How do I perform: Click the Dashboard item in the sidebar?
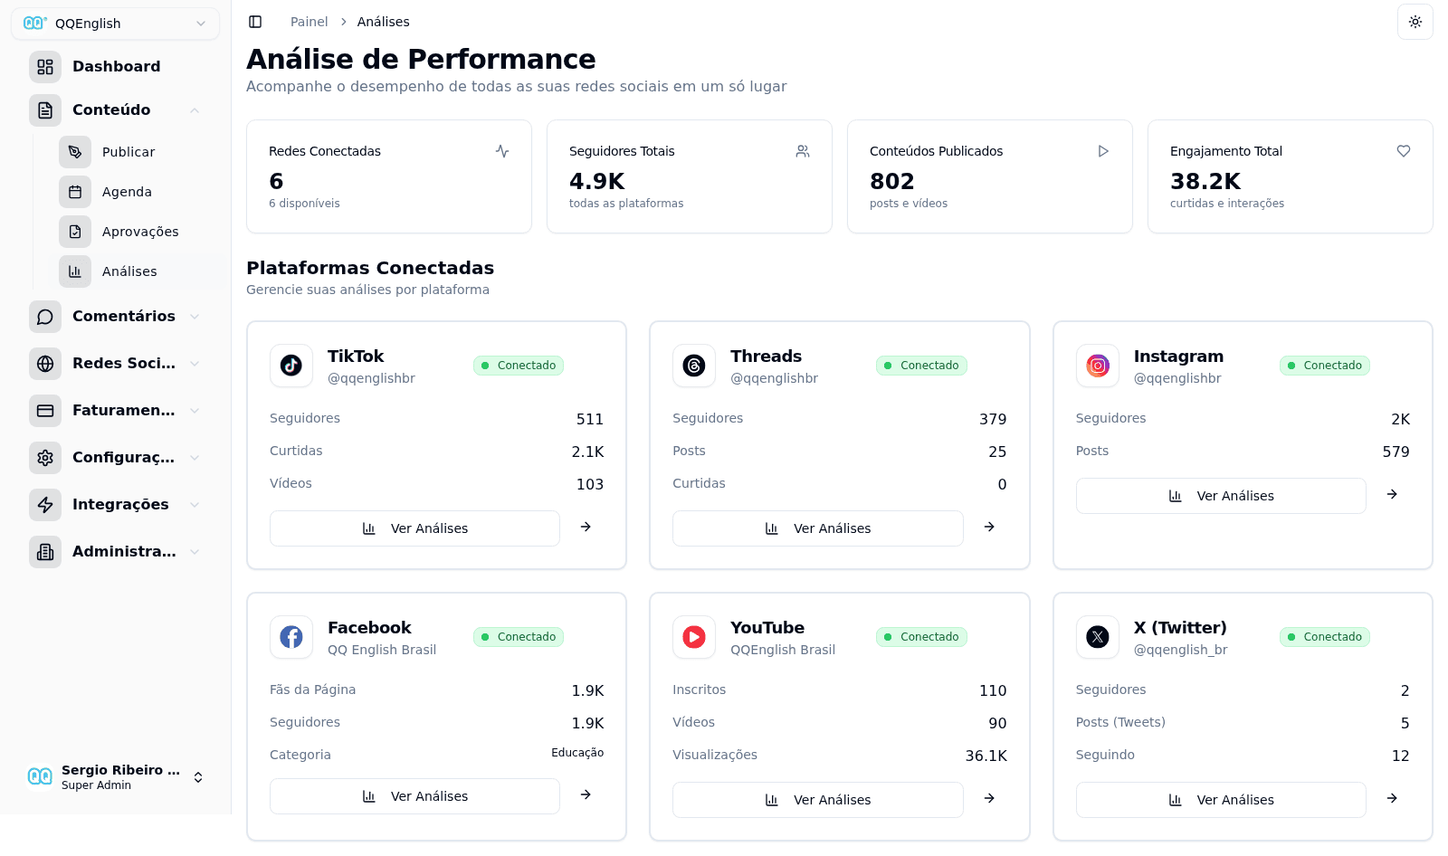pyautogui.click(x=116, y=67)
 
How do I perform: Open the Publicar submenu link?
pyautogui.click(x=128, y=152)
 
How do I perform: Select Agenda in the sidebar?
pyautogui.click(x=127, y=192)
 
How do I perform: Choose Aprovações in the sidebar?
pyautogui.click(x=139, y=232)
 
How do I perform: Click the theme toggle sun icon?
pyautogui.click(x=1415, y=22)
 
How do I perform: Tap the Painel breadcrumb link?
pyautogui.click(x=309, y=22)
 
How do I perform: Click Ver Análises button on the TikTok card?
pyautogui.click(x=414, y=528)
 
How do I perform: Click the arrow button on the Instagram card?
pyautogui.click(x=1392, y=495)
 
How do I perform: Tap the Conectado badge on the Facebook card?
pyautogui.click(x=519, y=637)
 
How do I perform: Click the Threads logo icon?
pyautogui.click(x=694, y=366)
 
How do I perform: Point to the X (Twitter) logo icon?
pyautogui.click(x=1098, y=637)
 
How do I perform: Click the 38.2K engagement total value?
pyautogui.click(x=1205, y=181)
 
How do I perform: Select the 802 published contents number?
pyautogui.click(x=891, y=181)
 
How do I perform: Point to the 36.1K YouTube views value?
pyautogui.click(x=986, y=756)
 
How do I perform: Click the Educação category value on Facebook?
pyautogui.click(x=577, y=753)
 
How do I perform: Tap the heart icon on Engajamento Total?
pyautogui.click(x=1403, y=151)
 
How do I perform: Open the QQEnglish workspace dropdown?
pyautogui.click(x=115, y=24)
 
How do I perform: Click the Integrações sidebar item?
pyautogui.click(x=120, y=505)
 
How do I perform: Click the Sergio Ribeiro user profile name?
pyautogui.click(x=120, y=770)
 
